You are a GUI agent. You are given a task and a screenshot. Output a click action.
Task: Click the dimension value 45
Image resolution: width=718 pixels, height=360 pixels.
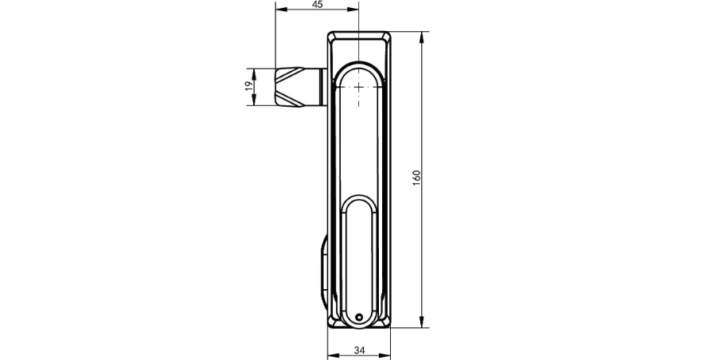(x=318, y=4)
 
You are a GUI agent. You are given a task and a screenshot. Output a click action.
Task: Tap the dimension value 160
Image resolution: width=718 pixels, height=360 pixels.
(x=416, y=178)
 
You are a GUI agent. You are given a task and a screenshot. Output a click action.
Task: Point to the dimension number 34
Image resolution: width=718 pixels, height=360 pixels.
(x=360, y=350)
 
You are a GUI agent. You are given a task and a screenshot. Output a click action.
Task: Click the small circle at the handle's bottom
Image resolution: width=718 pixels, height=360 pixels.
(x=359, y=317)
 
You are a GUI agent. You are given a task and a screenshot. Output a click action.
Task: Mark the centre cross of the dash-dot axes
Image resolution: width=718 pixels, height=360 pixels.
(x=358, y=87)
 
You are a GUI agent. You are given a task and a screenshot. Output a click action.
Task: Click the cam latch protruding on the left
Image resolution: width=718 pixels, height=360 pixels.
(x=297, y=87)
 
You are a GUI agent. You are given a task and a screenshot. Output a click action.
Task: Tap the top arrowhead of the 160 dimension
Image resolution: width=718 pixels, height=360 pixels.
(x=421, y=37)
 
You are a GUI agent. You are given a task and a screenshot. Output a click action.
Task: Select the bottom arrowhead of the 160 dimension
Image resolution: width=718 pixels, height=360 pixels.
(x=421, y=323)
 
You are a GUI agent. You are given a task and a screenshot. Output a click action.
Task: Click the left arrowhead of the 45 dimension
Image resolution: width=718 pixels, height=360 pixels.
(x=280, y=10)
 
